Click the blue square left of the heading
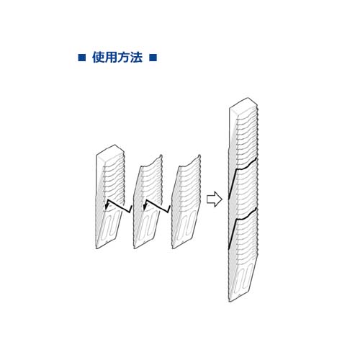tap(82, 58)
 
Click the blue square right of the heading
tap(153, 58)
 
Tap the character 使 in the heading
tap(99, 58)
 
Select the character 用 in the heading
tap(111, 58)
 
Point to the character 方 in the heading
tap(124, 58)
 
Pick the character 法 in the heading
tap(136, 58)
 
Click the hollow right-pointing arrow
tap(215, 199)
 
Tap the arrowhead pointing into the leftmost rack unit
tap(107, 206)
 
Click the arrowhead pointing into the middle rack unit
tap(145, 206)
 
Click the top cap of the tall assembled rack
tap(243, 107)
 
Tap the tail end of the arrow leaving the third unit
tap(170, 206)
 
